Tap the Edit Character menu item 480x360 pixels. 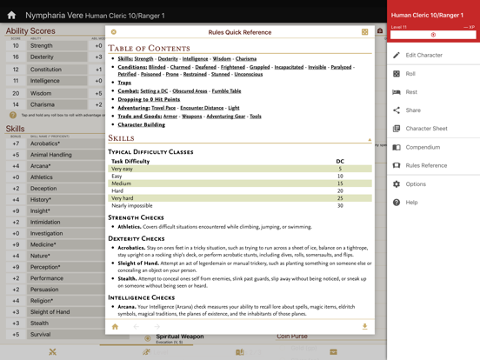423,55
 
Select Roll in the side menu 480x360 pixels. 410,74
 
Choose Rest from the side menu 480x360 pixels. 410,92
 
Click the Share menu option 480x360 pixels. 412,110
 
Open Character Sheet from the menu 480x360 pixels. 426,129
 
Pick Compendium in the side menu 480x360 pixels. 423,147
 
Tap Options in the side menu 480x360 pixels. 416,184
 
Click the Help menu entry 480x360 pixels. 411,203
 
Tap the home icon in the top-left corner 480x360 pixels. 11,15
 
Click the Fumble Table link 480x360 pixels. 226,91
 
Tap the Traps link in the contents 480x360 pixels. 124,83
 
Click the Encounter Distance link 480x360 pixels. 201,108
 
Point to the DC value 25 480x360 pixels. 340,198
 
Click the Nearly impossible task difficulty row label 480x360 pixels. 132,206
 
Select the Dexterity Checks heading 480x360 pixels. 137,238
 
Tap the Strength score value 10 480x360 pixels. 16,45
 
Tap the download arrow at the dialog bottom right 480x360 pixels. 364,327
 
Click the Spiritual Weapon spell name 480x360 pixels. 180,337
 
